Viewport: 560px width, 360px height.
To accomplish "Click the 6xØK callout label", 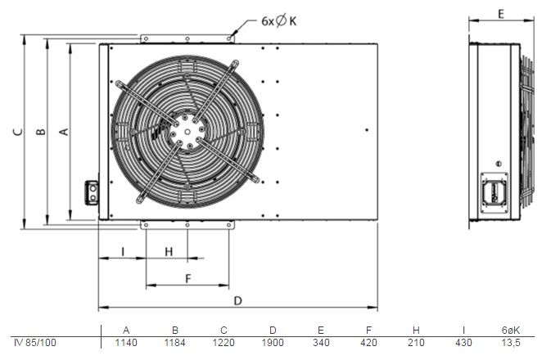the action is pyautogui.click(x=279, y=21).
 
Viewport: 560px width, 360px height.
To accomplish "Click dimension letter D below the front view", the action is pyautogui.click(x=238, y=301).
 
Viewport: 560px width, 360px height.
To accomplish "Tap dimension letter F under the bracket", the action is pyautogui.click(x=188, y=278).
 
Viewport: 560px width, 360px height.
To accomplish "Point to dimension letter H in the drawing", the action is pyautogui.click(x=169, y=252).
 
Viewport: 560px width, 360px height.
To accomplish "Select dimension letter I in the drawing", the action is pyautogui.click(x=123, y=252).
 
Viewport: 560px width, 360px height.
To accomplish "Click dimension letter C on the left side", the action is pyautogui.click(x=18, y=132).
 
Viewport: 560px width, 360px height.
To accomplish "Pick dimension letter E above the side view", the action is pyautogui.click(x=501, y=14).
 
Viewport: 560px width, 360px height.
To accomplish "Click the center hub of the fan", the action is pyautogui.click(x=187, y=132).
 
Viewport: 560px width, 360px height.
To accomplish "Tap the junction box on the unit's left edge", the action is pyautogui.click(x=92, y=192).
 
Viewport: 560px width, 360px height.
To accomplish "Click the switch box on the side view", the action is pyautogui.click(x=495, y=193).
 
